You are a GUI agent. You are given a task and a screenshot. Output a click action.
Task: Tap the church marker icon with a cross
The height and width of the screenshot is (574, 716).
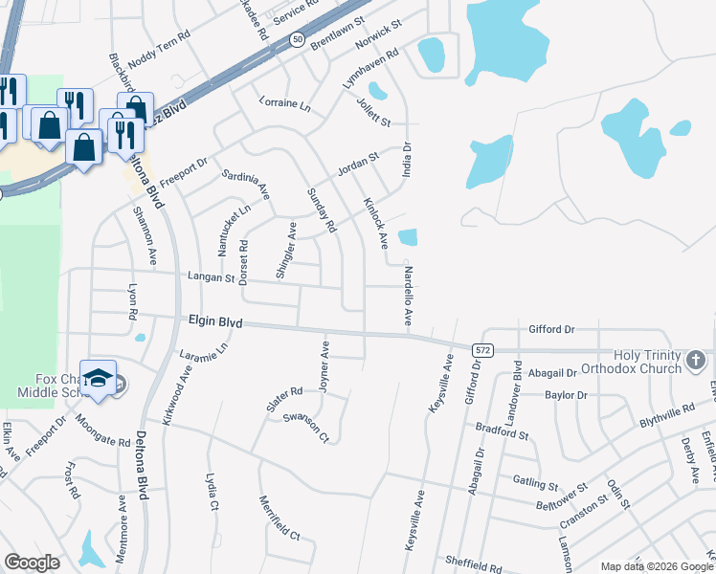tap(696, 362)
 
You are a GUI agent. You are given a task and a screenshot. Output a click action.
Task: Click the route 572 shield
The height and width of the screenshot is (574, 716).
tap(482, 351)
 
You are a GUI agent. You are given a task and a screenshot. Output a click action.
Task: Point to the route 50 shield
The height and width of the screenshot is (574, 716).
tap(298, 39)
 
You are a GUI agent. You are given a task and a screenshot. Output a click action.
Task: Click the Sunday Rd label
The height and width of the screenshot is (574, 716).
tap(323, 210)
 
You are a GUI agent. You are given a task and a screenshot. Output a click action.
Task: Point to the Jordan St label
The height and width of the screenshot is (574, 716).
tap(359, 164)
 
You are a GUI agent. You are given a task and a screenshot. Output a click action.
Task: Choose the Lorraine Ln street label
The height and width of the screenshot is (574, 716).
tap(285, 103)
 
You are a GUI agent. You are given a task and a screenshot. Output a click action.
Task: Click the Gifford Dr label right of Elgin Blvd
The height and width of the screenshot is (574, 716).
tap(551, 329)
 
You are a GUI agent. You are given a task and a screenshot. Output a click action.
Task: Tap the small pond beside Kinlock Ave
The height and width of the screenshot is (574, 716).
tap(407, 237)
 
